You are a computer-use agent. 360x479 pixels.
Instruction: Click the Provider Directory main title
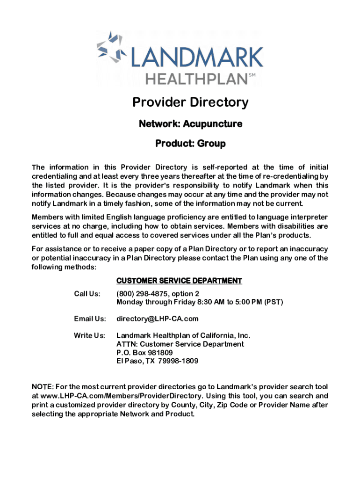pyautogui.click(x=190, y=102)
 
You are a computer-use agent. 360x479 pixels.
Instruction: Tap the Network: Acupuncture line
pyautogui.click(x=190, y=124)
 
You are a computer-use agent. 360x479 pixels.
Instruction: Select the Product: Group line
pyautogui.click(x=190, y=144)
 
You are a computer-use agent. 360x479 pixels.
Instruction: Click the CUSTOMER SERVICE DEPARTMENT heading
pyautogui.click(x=179, y=281)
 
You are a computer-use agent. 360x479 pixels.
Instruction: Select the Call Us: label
pyautogui.click(x=87, y=294)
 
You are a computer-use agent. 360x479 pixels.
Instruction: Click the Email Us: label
pyautogui.click(x=90, y=319)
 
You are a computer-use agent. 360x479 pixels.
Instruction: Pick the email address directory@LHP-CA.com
pyautogui.click(x=157, y=319)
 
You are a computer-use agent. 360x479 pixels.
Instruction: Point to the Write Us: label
pyautogui.click(x=89, y=335)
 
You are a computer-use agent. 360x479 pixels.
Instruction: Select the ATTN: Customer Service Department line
pyautogui.click(x=180, y=344)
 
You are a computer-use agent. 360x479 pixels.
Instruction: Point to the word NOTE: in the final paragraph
pyautogui.click(x=42, y=387)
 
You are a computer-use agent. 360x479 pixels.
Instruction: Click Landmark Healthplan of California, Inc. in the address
pyautogui.click(x=183, y=335)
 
